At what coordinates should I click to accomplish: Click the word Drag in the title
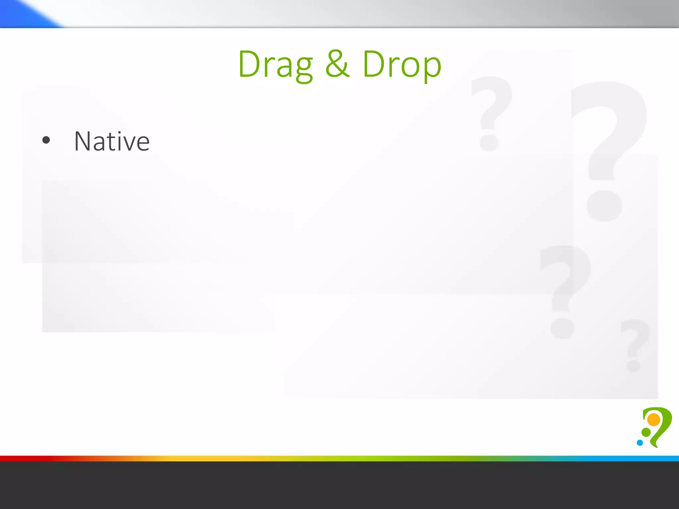point(275,65)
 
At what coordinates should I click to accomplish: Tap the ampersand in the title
point(337,64)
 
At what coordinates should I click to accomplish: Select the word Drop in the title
point(402,65)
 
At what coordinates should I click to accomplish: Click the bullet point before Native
point(46,140)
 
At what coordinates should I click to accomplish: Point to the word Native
point(112,141)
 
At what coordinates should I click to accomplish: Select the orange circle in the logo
point(654,420)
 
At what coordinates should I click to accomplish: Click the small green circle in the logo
point(646,432)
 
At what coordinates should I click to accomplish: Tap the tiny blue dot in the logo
point(640,443)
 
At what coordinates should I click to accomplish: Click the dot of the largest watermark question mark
point(604,206)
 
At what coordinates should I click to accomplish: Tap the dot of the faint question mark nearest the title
point(489,142)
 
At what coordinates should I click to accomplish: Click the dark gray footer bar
point(339,485)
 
